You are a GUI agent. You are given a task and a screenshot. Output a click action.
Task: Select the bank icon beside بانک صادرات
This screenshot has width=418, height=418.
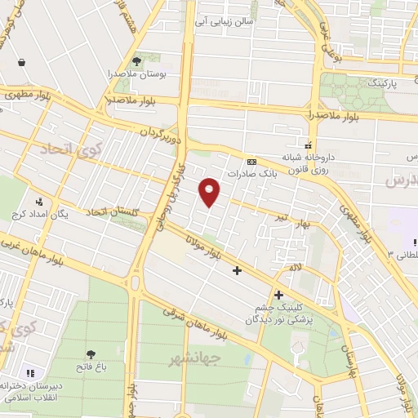point(251,161)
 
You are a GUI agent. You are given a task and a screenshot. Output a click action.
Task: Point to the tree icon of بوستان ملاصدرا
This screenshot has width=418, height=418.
point(136,60)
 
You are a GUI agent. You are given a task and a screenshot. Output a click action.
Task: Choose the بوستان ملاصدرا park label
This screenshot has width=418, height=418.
point(136,74)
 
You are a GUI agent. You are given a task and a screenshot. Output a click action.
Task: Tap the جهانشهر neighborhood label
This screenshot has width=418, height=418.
point(196,358)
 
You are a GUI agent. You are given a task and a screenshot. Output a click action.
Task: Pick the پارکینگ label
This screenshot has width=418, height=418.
point(382,83)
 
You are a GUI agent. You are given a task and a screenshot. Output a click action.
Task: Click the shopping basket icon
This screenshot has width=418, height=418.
point(20,62)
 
